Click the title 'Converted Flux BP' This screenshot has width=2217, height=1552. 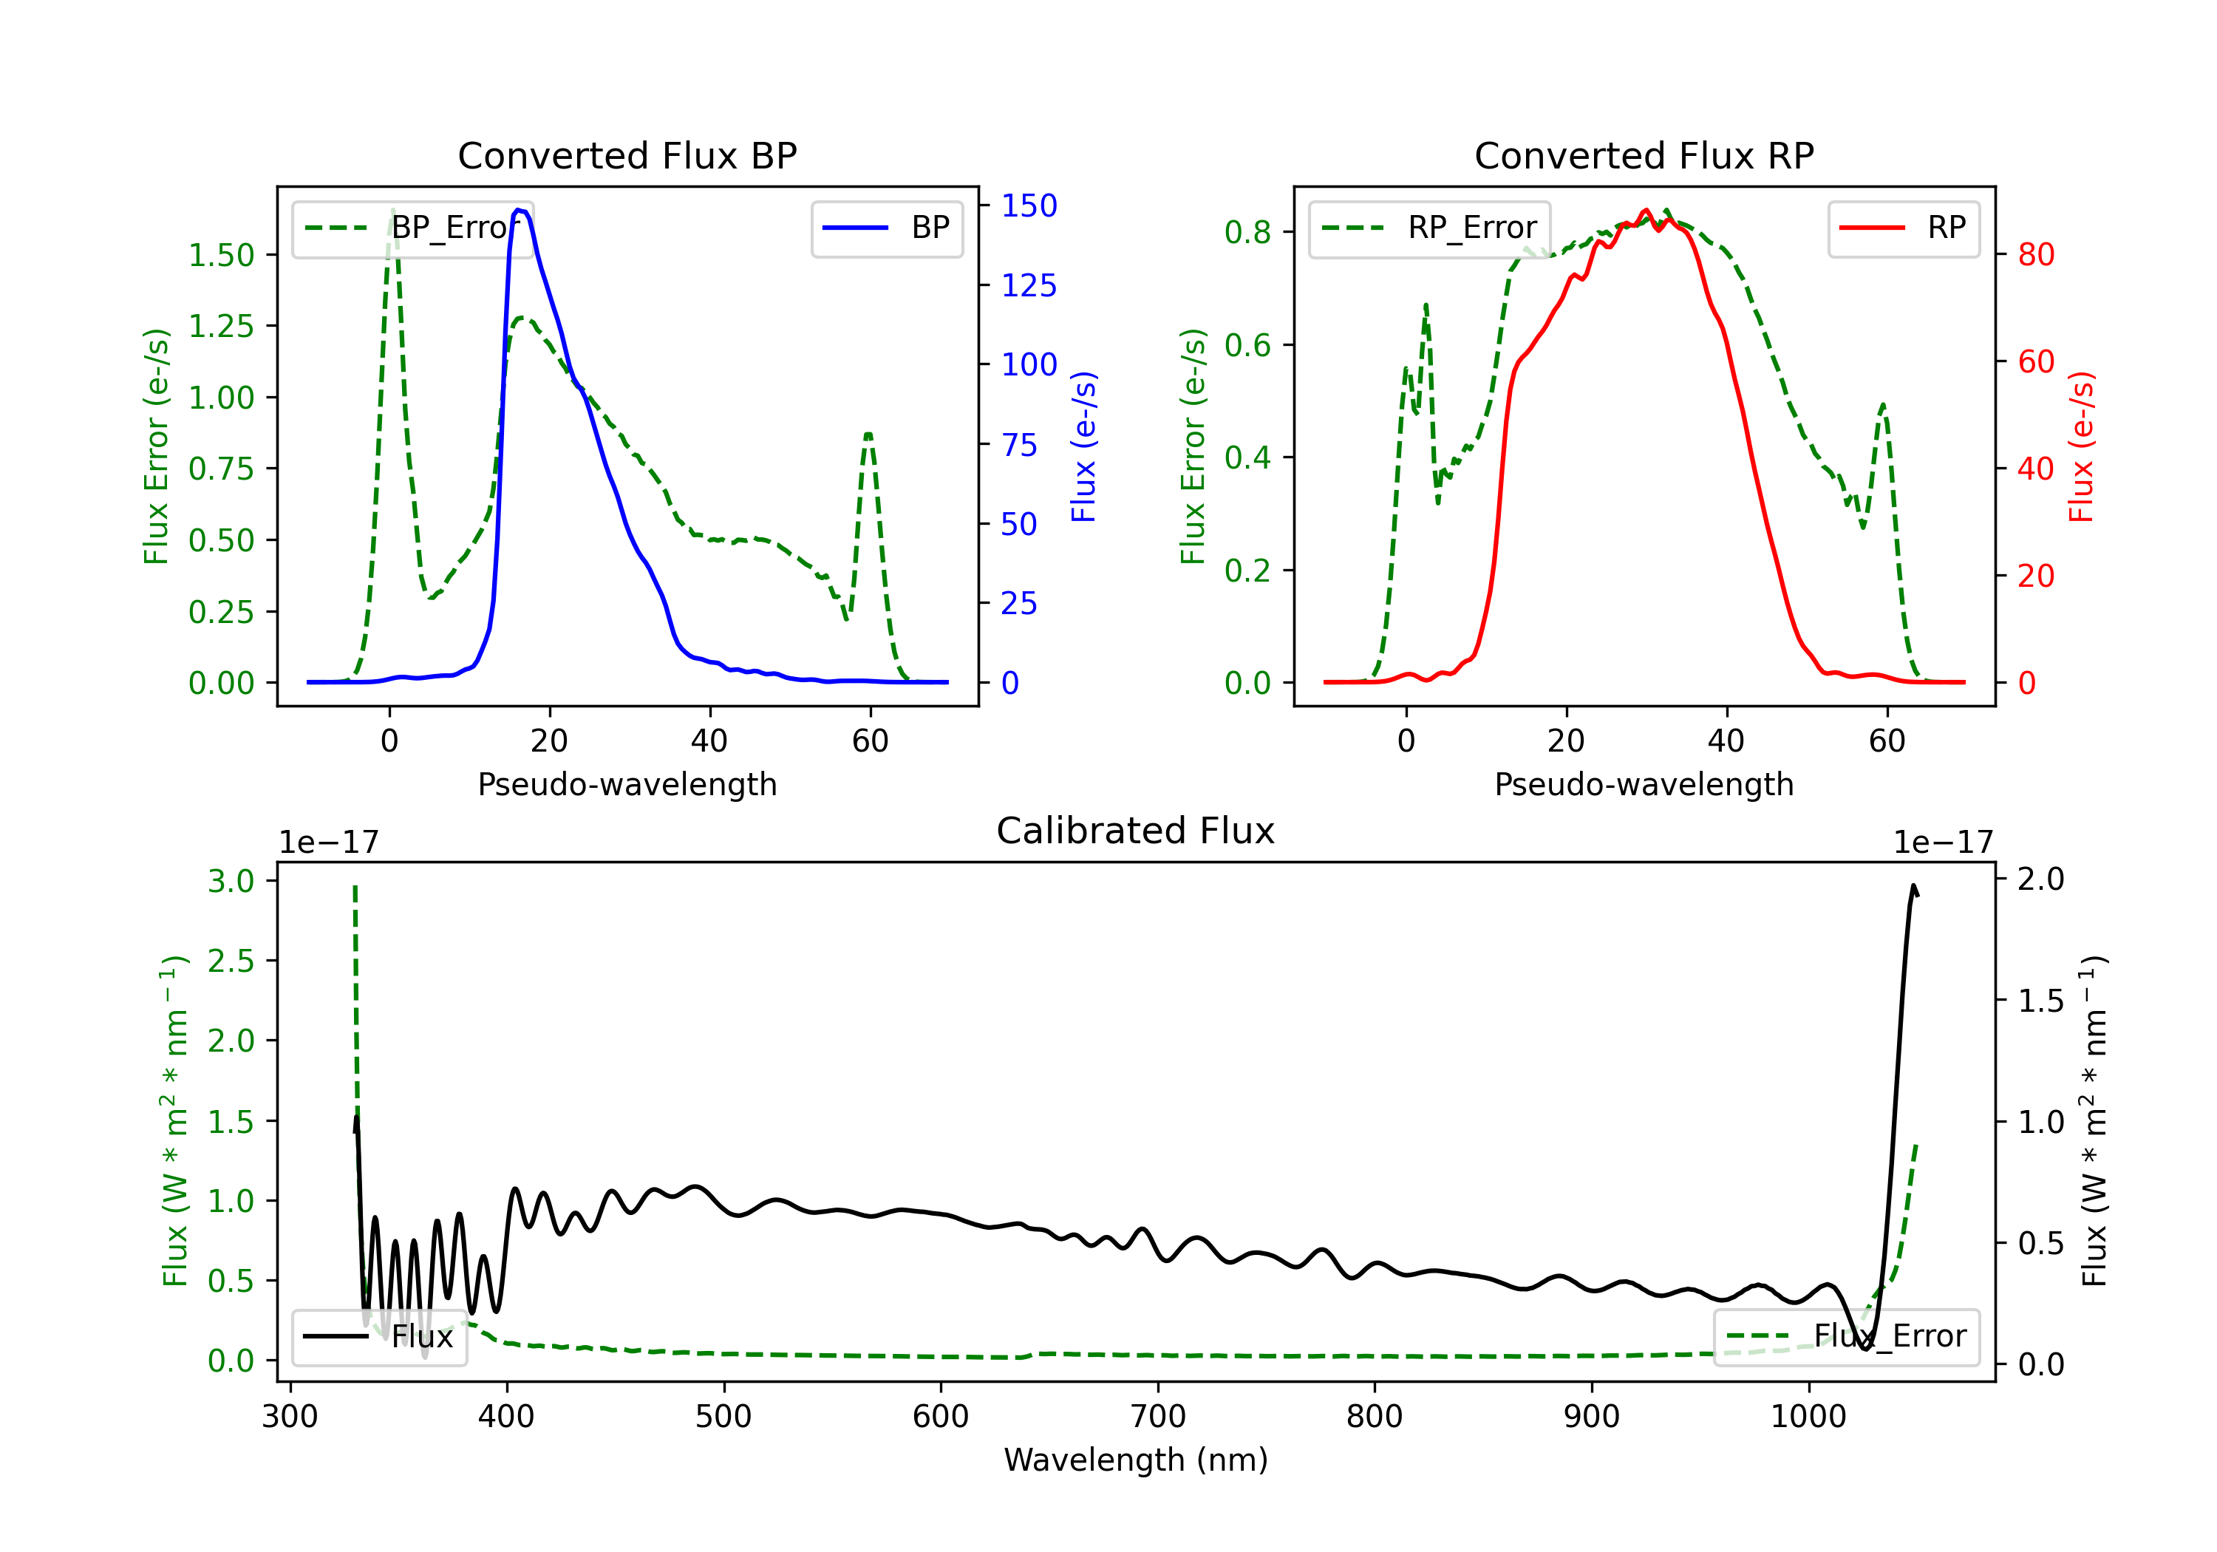click(x=627, y=155)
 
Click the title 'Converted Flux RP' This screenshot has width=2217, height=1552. click(x=1644, y=155)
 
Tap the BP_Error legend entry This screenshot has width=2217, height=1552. click(x=412, y=228)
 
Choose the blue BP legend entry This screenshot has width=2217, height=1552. click(x=886, y=228)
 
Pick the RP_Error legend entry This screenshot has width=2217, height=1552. click(x=1429, y=228)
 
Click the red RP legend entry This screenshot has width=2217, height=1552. click(x=1903, y=228)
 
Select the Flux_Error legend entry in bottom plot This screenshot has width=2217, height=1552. click(x=1846, y=1337)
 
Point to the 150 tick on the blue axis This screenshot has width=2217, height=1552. click(x=1029, y=205)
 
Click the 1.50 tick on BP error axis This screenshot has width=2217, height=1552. click(x=221, y=255)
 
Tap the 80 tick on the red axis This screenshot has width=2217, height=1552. click(x=2037, y=254)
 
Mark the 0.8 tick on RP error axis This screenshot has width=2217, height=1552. click(x=1247, y=232)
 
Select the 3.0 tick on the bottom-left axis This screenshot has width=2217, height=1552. click(x=231, y=881)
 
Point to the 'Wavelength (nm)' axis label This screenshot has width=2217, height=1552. click(x=1136, y=1460)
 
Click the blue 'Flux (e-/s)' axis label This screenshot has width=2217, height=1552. click(x=1083, y=446)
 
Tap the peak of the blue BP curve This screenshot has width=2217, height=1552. click(x=520, y=210)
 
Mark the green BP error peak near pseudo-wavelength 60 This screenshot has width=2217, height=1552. click(x=869, y=434)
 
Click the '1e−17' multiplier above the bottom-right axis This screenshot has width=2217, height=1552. click(x=1943, y=843)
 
